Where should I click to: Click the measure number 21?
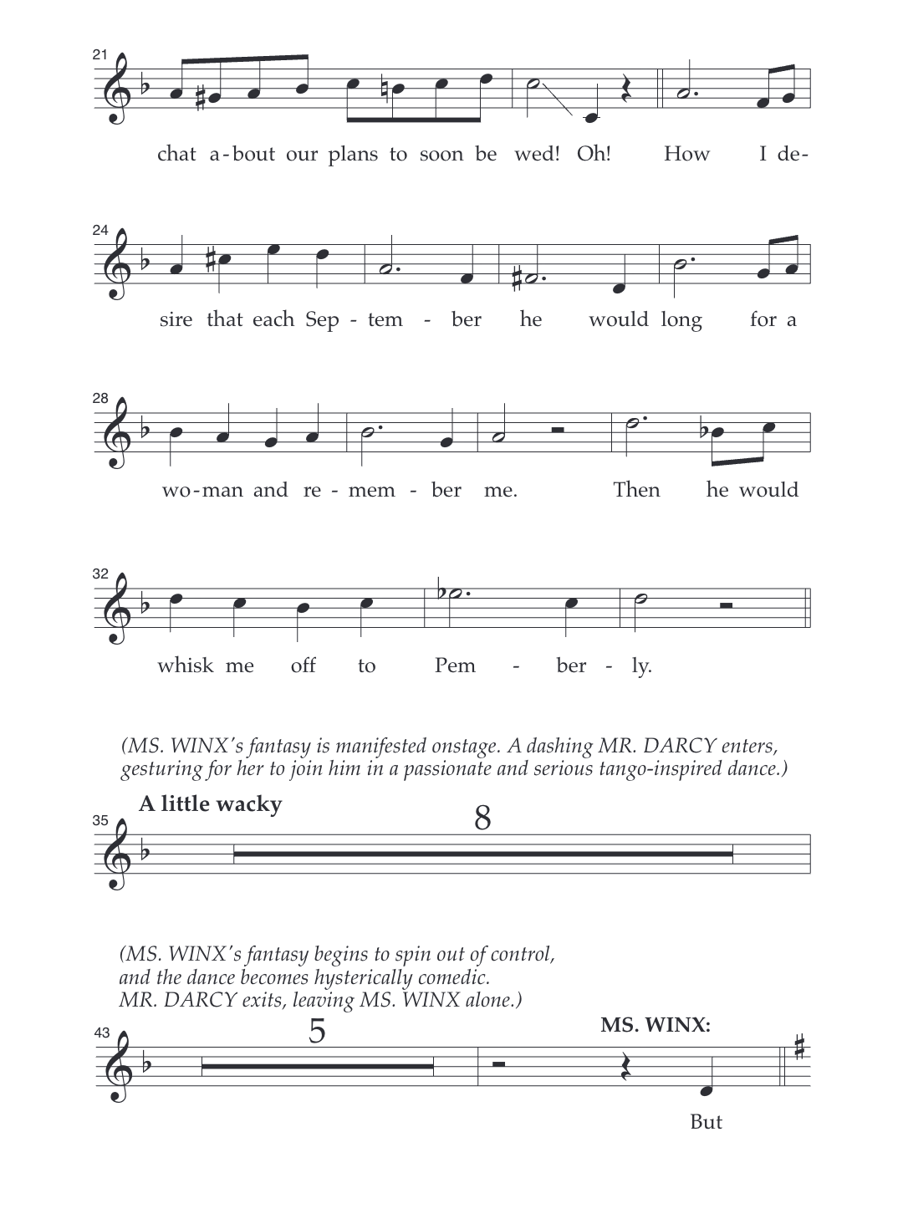coord(99,54)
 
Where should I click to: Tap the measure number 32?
coord(100,574)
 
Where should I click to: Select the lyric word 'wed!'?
coord(536,154)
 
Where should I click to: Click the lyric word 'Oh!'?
coord(594,154)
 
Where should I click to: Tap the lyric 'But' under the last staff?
coord(706,1122)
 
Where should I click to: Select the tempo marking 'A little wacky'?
coord(210,804)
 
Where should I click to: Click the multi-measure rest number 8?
coord(482,818)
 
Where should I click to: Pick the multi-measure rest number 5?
coord(317,1032)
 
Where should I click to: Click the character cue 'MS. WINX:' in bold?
coord(656,1025)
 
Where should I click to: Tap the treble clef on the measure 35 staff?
coord(115,854)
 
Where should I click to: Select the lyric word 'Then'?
coord(636,490)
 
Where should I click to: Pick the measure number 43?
coord(101,1033)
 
